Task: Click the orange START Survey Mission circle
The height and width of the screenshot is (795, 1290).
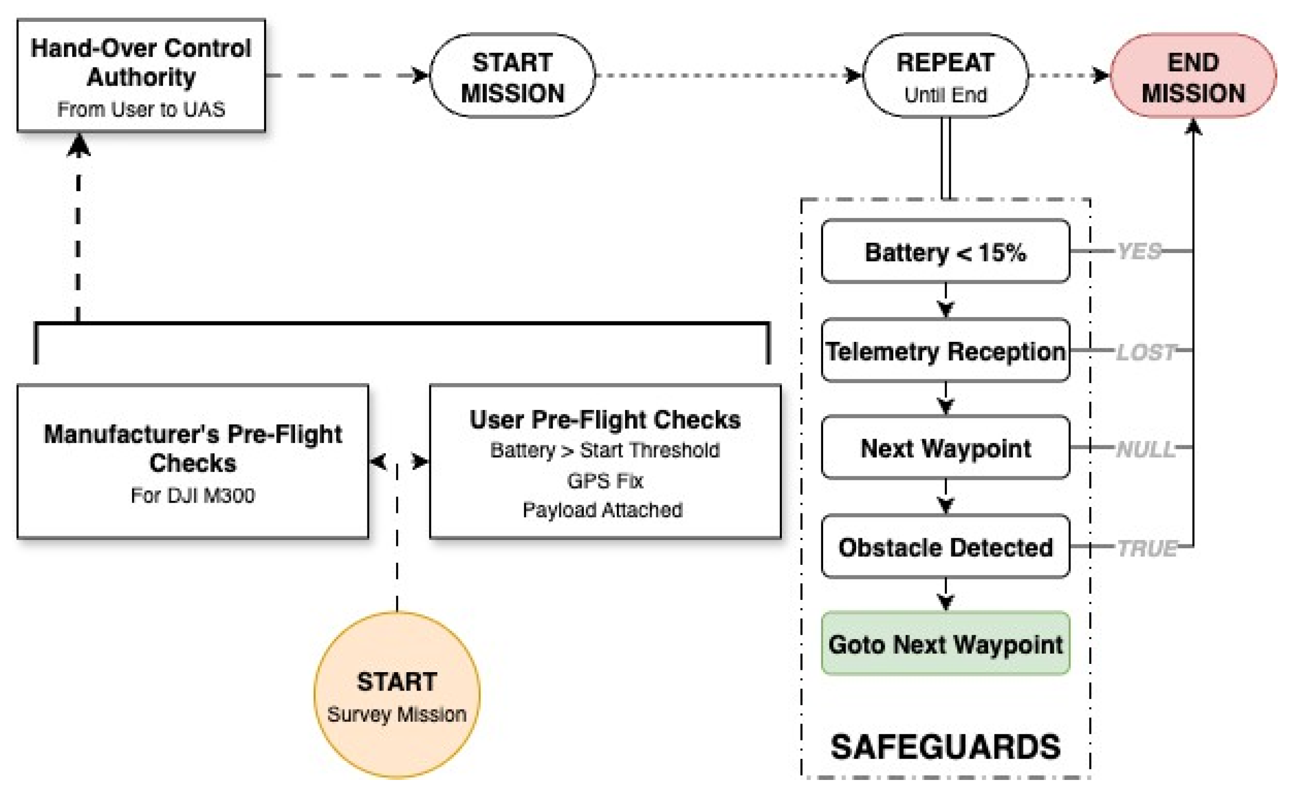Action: (397, 694)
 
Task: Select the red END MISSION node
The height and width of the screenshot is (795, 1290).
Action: (1193, 76)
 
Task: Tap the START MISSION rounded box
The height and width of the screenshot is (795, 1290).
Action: (513, 76)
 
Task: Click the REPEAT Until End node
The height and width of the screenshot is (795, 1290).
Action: (945, 76)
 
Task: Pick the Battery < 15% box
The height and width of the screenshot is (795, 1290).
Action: (945, 252)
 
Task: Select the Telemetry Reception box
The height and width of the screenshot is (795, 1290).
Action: (945, 350)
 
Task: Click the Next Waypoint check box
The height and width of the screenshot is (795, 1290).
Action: (945, 447)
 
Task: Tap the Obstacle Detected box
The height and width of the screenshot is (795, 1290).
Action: (945, 547)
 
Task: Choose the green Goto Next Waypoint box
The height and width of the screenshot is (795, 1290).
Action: (945, 643)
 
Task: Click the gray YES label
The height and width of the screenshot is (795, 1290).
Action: (1139, 252)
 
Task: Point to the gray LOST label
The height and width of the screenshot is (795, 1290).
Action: (1145, 351)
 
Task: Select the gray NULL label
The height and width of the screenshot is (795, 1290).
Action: (1145, 449)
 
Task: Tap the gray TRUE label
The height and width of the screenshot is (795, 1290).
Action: (1146, 548)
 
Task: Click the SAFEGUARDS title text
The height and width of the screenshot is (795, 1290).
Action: (945, 746)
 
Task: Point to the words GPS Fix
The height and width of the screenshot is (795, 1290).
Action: (605, 481)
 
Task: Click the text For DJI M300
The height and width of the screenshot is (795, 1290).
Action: (193, 495)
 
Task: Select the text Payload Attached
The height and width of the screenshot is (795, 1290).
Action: (603, 510)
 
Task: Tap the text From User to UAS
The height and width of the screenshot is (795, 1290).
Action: (141, 109)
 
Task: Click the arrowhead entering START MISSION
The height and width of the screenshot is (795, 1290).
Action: (421, 75)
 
